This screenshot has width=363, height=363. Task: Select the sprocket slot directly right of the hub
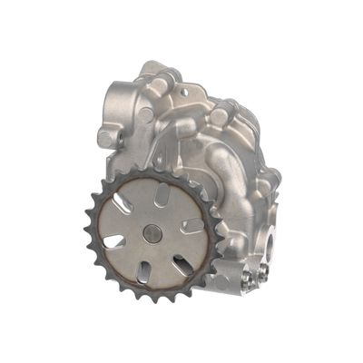point(193,224)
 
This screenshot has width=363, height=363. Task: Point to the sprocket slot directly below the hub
point(143,270)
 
